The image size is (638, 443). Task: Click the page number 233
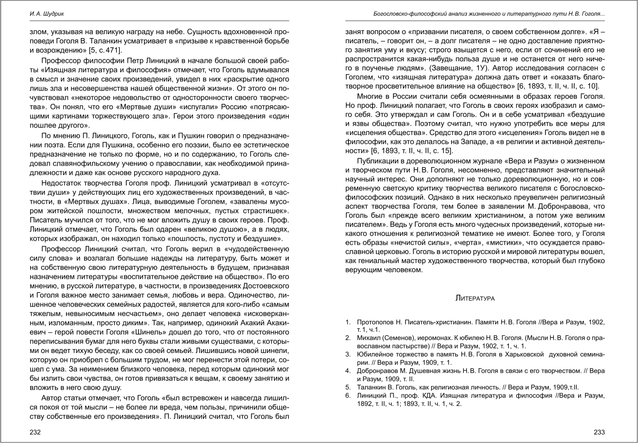coord(599,432)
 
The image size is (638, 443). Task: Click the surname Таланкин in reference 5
coord(372,387)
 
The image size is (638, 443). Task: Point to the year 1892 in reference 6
coord(366,403)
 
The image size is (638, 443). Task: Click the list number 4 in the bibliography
coord(348,370)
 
